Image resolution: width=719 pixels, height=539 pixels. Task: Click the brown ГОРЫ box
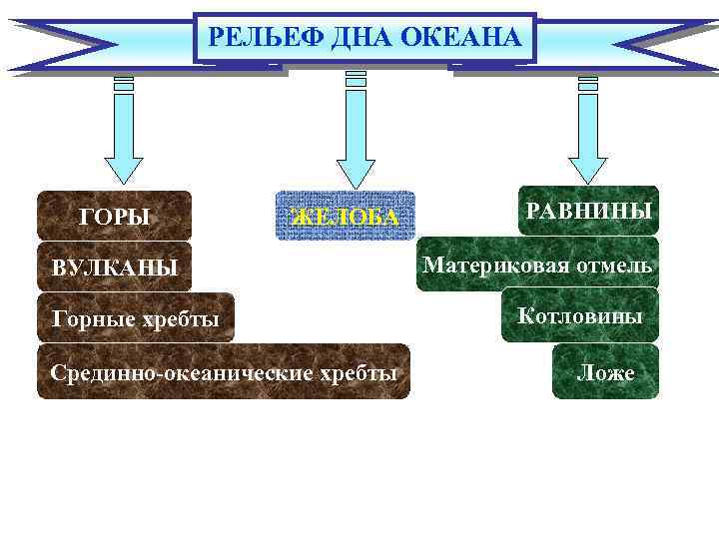tap(114, 216)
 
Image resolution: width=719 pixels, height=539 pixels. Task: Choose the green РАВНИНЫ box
tap(588, 211)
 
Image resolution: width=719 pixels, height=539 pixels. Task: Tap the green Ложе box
tap(605, 372)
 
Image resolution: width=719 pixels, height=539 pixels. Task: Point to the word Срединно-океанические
tap(183, 372)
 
